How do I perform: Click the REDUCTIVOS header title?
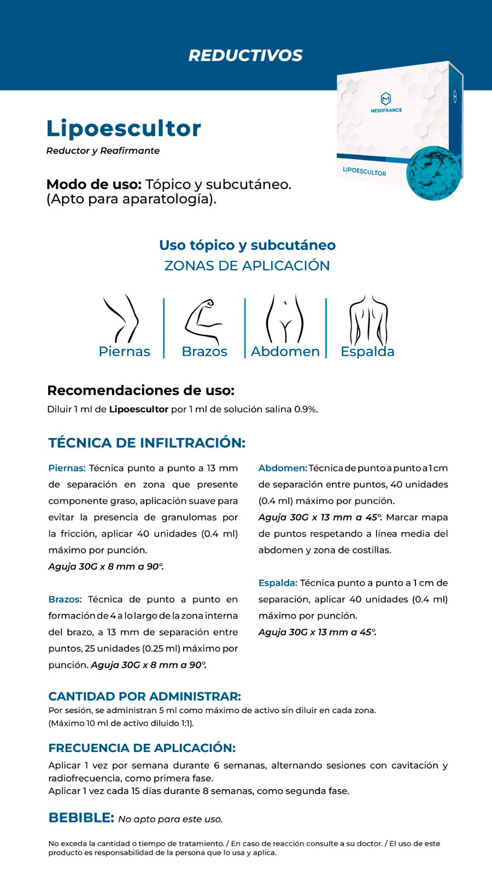coord(245,55)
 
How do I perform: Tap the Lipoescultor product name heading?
coord(124,129)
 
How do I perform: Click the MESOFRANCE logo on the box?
coord(386,102)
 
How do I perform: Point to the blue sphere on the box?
coord(434,173)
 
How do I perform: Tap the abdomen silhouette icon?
coord(284,318)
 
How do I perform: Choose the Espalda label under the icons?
coord(367,352)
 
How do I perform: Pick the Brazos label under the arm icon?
coord(204,352)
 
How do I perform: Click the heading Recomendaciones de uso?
coord(140,390)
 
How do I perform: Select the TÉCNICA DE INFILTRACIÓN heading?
coord(147,443)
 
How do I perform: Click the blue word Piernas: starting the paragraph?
coord(67,468)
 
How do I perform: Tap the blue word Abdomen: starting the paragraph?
coord(282,468)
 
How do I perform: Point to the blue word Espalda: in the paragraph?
coord(278,583)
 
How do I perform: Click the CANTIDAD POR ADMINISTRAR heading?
coord(144,696)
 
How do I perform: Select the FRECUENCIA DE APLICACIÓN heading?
coord(142,748)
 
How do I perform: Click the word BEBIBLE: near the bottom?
coord(81,818)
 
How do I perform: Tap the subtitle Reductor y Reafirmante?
coord(103,151)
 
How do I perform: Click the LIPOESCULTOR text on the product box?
coord(364,171)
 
